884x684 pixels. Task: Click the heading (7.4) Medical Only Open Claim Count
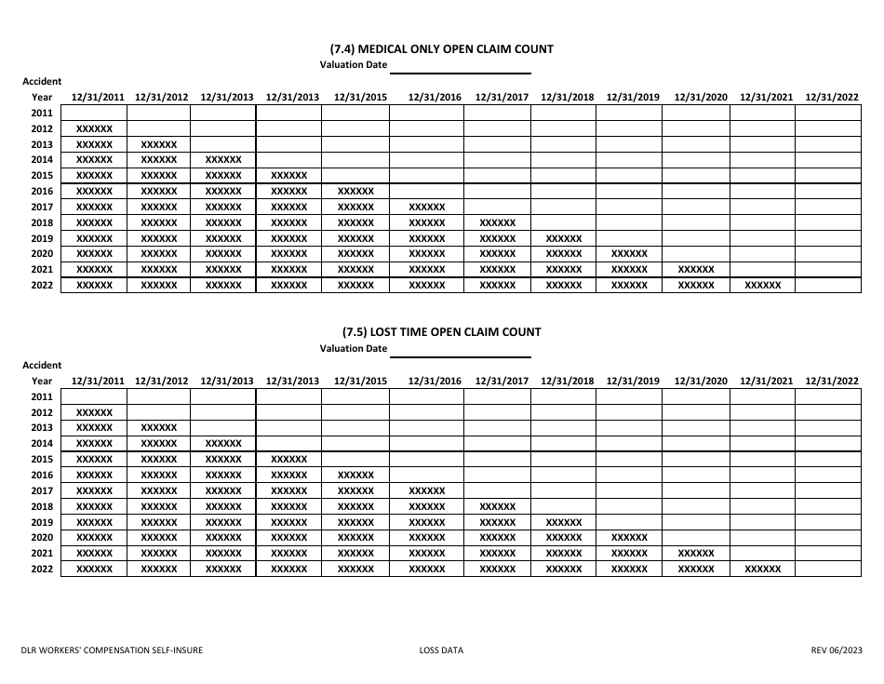tap(441, 48)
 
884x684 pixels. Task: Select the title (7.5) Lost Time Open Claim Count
tap(441, 331)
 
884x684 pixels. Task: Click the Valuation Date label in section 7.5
tap(354, 349)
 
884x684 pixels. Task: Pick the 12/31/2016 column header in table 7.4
tap(435, 97)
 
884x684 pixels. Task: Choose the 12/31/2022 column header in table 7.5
tap(832, 381)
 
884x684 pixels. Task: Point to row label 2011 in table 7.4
tap(42, 113)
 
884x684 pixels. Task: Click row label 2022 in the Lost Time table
tap(42, 569)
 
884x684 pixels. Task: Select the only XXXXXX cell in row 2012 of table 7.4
tap(94, 128)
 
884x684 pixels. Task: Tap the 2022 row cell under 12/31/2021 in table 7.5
tap(763, 569)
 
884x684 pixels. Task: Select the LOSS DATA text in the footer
tap(441, 650)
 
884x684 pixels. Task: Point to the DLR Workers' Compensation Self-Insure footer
tap(113, 650)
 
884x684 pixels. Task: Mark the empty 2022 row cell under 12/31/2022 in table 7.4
tap(829, 286)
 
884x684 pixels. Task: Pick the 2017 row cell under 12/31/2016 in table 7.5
tap(427, 490)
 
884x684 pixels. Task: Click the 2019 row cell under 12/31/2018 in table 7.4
tap(563, 238)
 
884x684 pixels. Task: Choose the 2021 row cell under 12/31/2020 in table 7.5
tap(696, 553)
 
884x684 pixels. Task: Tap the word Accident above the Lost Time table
tap(42, 365)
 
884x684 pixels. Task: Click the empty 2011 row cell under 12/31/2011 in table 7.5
tap(94, 396)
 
